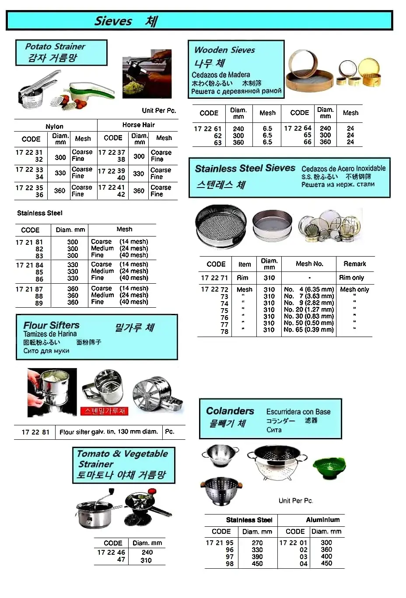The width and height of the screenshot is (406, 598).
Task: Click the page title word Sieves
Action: click(113, 21)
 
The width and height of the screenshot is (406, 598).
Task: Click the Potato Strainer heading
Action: click(55, 46)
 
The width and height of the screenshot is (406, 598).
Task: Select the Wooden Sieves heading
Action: click(224, 50)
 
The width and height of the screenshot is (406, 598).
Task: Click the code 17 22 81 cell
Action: click(35, 432)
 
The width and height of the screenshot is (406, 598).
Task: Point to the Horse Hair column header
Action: click(138, 125)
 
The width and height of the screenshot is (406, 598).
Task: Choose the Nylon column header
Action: click(54, 126)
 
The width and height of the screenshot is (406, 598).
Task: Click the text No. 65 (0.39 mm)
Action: click(308, 330)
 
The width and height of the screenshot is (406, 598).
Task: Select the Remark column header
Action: click(354, 264)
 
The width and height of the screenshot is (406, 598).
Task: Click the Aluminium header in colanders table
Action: click(322, 520)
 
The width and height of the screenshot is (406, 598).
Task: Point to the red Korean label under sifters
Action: click(104, 411)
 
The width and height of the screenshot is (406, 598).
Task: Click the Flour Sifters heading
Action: click(51, 325)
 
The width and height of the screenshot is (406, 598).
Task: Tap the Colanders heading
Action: click(230, 411)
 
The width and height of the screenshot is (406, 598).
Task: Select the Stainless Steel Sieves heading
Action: click(245, 168)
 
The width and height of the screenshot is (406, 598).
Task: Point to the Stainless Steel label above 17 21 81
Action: click(40, 213)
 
